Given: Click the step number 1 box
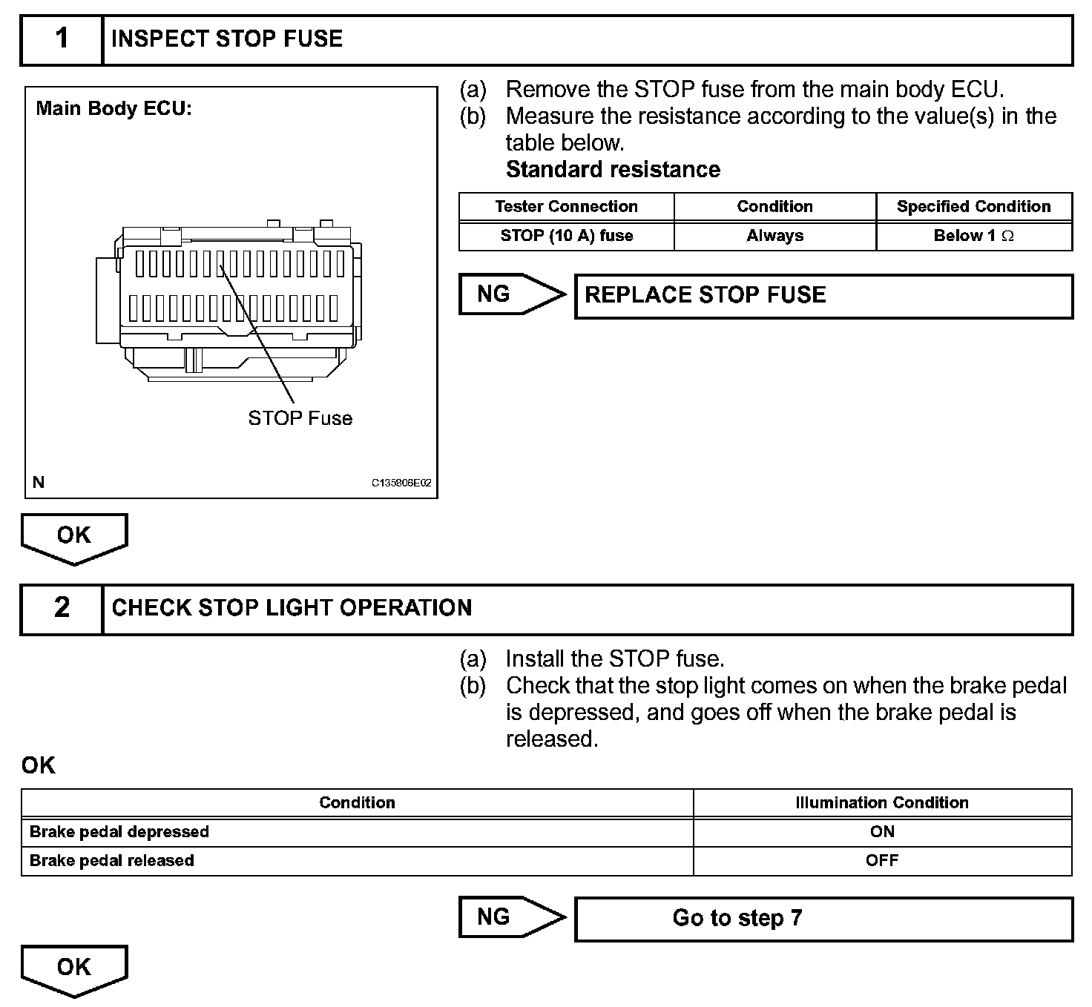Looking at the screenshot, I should click(x=62, y=39).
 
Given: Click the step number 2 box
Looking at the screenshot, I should click(x=62, y=608).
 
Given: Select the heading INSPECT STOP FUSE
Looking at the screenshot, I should click(x=227, y=39).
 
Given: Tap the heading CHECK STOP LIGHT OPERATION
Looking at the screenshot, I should click(x=292, y=608).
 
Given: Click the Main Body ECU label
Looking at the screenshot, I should click(x=114, y=109).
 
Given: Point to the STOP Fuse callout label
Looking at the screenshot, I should click(x=300, y=418).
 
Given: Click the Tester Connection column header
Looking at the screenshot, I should click(x=566, y=207).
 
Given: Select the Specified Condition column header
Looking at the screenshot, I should click(x=973, y=207).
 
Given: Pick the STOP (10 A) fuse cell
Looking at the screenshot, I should click(x=566, y=236).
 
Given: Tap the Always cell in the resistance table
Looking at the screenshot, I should click(x=774, y=236).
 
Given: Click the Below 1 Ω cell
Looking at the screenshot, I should click(x=973, y=236).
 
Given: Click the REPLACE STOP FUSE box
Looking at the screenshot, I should click(x=823, y=296).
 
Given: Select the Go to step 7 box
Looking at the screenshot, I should click(x=823, y=919).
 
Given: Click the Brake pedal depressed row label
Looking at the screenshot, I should click(x=119, y=832).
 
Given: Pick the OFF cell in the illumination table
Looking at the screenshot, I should click(x=881, y=861).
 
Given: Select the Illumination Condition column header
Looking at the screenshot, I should click(x=881, y=803).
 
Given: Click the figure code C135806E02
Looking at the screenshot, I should click(x=401, y=483).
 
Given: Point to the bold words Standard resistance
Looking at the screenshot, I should click(x=613, y=170).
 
